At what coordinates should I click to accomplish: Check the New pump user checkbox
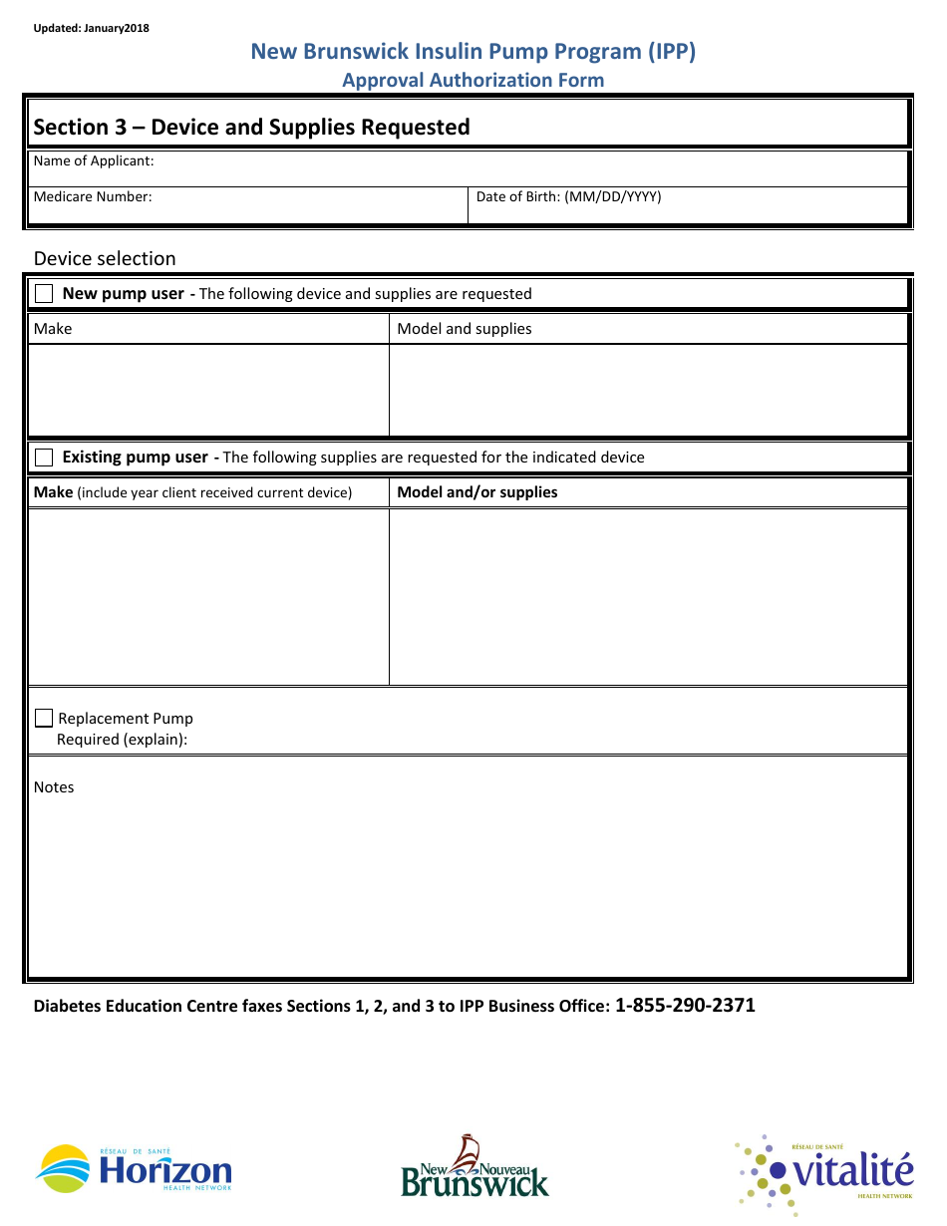tap(44, 294)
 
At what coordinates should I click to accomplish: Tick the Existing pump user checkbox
tap(44, 458)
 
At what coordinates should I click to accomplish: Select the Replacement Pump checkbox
tap(44, 719)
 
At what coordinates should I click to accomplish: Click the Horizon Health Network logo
tap(134, 1168)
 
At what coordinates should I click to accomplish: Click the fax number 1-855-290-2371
tap(685, 1005)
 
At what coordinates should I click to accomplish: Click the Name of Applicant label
tap(94, 160)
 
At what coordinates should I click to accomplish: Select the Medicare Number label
tap(93, 196)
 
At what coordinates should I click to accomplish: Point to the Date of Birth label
tap(568, 196)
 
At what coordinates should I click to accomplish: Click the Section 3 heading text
tap(251, 127)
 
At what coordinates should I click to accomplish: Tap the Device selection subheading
tap(105, 258)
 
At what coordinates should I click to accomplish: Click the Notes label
tap(54, 787)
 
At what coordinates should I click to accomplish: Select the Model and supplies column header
tap(465, 329)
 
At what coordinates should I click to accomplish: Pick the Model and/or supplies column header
tap(477, 492)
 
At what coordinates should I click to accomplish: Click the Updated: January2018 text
tap(91, 28)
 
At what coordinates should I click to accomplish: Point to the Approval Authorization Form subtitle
tap(473, 80)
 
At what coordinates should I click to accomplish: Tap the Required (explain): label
tap(122, 740)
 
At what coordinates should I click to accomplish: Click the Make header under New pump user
tap(53, 329)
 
